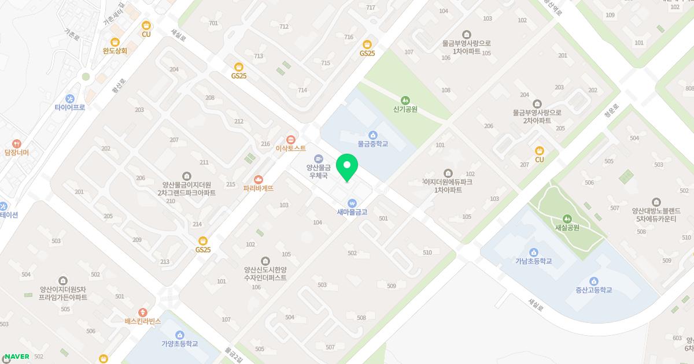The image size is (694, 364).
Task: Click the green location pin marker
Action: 347,168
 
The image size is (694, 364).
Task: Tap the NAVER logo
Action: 16,356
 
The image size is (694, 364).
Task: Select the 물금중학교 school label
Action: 372,144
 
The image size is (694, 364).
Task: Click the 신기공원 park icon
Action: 405,99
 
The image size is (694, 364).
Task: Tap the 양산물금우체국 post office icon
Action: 318,158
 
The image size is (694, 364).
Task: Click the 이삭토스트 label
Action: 290,148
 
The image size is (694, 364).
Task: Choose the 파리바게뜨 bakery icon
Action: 259,179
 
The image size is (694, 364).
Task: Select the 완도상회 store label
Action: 115,51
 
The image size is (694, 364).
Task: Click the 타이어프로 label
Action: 70,107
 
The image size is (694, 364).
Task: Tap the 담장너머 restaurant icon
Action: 16,143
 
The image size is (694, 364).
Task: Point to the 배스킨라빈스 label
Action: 142,321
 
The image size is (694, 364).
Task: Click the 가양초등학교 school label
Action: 179,344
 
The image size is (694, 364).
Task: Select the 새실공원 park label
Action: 567,228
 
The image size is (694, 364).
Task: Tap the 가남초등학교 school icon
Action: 533,252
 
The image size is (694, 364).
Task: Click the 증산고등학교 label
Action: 593,290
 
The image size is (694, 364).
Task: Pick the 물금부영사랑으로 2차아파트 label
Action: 536,117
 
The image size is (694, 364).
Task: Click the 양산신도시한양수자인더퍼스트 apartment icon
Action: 265,261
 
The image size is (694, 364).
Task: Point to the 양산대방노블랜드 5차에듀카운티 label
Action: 656,214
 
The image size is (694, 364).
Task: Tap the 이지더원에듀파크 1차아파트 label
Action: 448,185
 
